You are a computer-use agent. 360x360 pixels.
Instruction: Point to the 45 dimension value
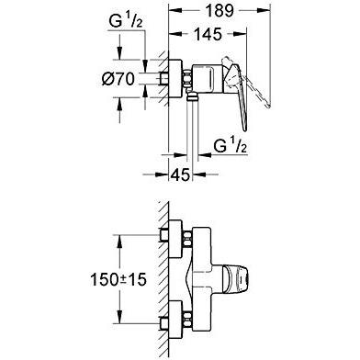180,172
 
